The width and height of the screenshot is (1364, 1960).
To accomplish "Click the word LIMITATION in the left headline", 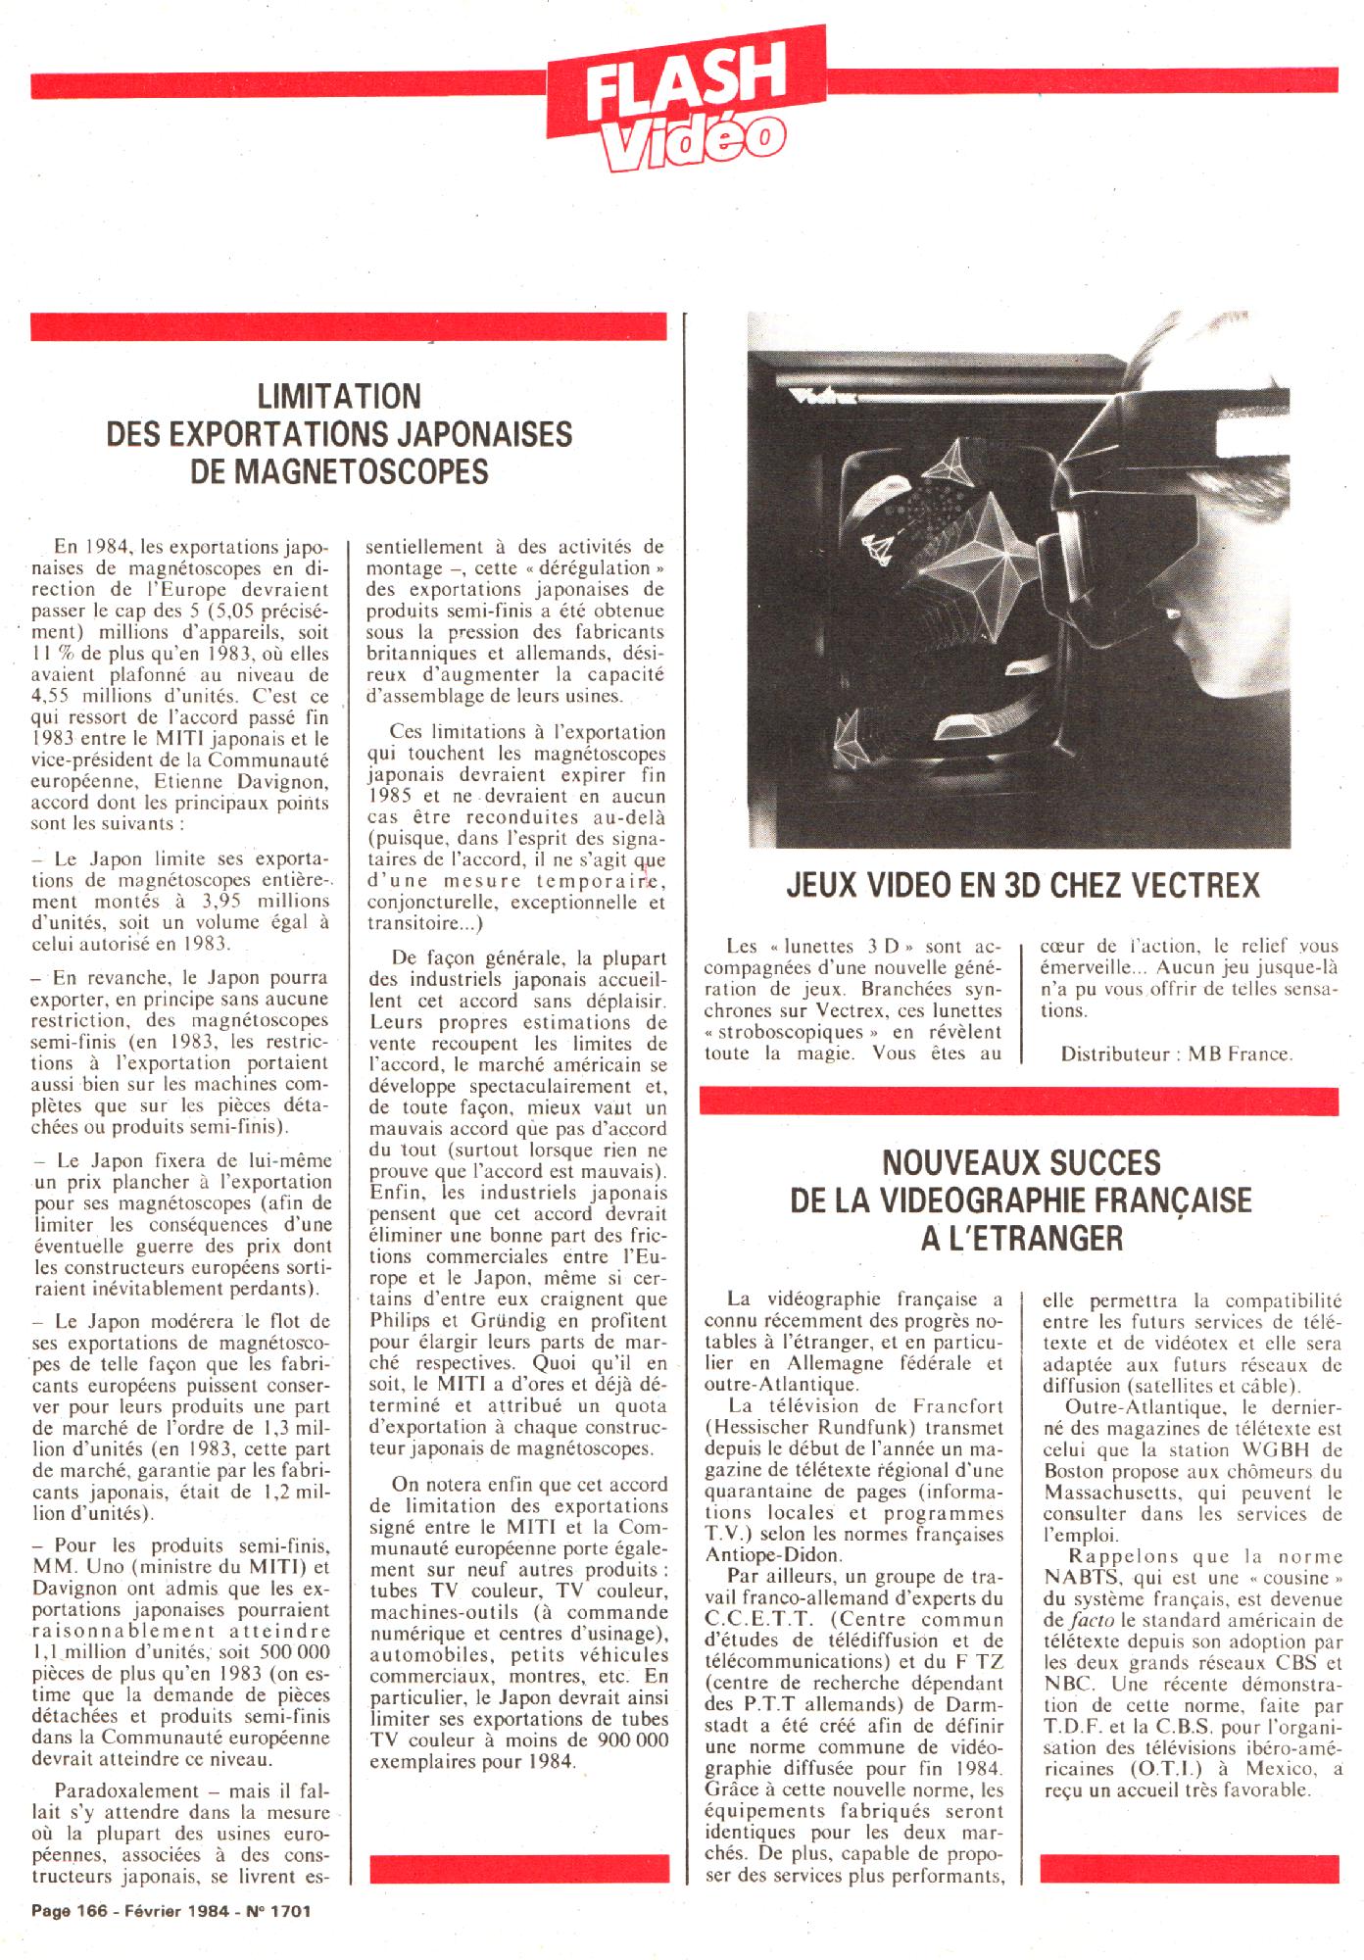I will coord(338,397).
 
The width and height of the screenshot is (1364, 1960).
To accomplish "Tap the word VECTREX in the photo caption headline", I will coord(1194,885).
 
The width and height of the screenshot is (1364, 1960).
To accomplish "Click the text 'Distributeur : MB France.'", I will coord(1176,1054).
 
